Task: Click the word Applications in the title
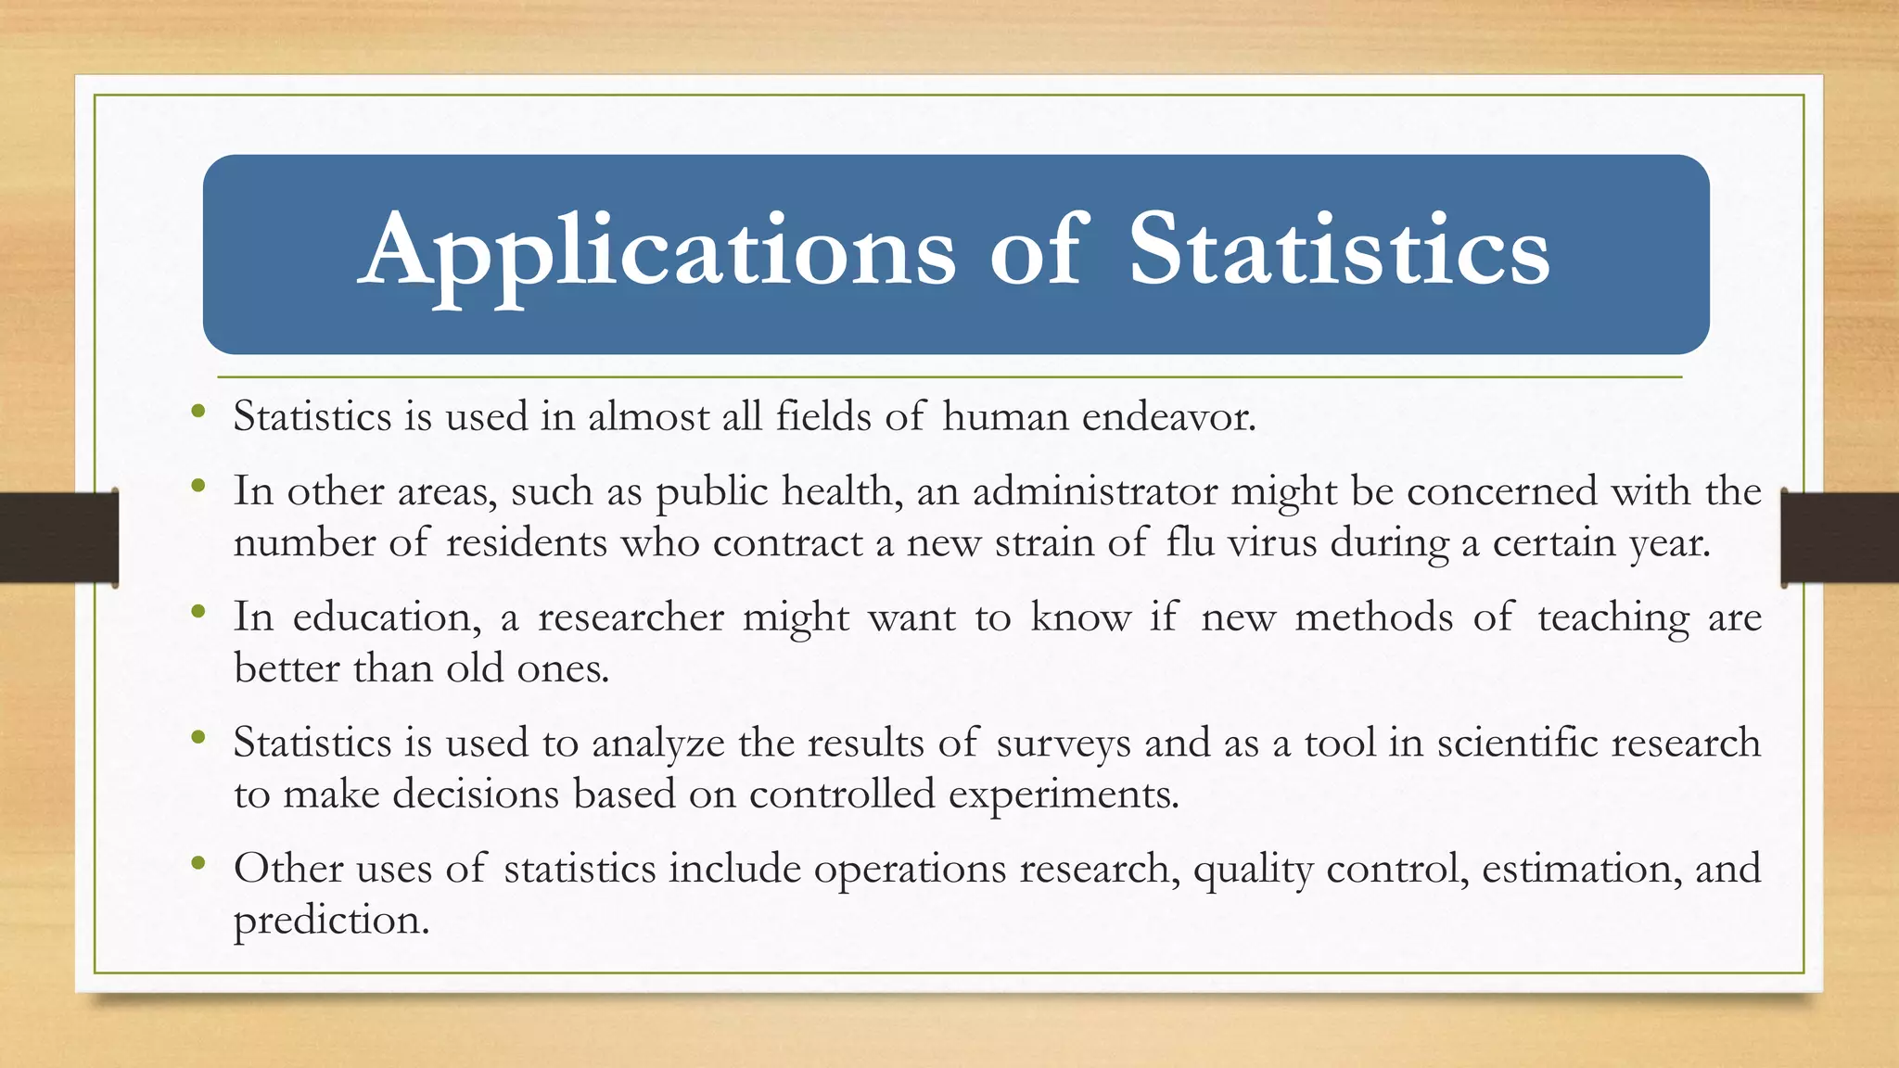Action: [x=656, y=252]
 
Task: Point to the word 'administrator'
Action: [x=1095, y=491]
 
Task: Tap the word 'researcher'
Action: [x=631, y=617]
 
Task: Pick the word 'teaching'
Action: [x=1612, y=617]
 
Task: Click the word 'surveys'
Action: [x=1064, y=744]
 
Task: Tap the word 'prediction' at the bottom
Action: [x=331, y=921]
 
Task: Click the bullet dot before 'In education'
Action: [x=198, y=612]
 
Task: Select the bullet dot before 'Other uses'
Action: [x=198, y=863]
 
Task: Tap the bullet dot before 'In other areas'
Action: [x=198, y=486]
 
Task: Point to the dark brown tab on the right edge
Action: [x=1840, y=538]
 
